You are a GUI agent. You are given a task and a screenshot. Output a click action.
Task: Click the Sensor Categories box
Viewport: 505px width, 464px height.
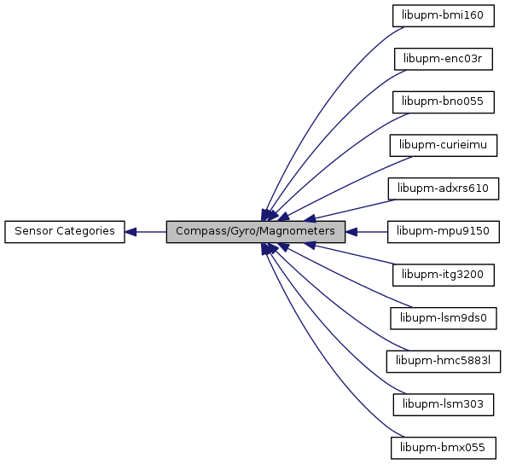click(65, 232)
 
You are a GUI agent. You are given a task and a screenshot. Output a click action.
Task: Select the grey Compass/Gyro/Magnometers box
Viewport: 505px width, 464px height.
click(256, 232)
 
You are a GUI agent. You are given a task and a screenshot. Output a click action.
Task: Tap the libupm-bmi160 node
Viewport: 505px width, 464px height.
click(444, 15)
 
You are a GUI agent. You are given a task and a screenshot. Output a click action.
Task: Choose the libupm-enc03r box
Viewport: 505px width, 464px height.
click(444, 59)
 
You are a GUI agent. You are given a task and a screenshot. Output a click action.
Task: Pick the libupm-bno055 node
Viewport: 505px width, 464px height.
click(444, 102)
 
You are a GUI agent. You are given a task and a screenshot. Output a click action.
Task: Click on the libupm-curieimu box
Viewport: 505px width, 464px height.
click(444, 146)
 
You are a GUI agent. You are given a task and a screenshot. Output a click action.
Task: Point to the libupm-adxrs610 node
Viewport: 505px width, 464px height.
click(444, 188)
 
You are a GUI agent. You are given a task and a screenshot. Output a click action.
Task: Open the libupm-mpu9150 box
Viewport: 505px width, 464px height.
click(444, 232)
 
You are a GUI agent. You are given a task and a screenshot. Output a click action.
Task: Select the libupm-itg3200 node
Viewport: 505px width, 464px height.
click(444, 275)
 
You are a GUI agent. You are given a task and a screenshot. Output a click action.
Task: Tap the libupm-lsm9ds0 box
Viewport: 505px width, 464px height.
click(444, 318)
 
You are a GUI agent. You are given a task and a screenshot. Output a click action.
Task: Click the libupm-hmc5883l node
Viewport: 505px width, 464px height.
click(444, 362)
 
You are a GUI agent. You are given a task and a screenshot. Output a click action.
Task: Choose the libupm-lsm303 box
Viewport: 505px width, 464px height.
click(444, 405)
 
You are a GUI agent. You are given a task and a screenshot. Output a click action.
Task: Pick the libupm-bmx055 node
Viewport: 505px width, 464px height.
click(444, 448)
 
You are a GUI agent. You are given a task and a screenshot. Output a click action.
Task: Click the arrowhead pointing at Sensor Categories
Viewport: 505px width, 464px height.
click(131, 232)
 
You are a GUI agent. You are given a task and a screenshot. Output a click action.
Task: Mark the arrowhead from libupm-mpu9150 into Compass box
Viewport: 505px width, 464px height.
click(351, 232)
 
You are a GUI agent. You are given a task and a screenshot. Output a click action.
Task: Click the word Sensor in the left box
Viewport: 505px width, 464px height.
click(34, 231)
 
